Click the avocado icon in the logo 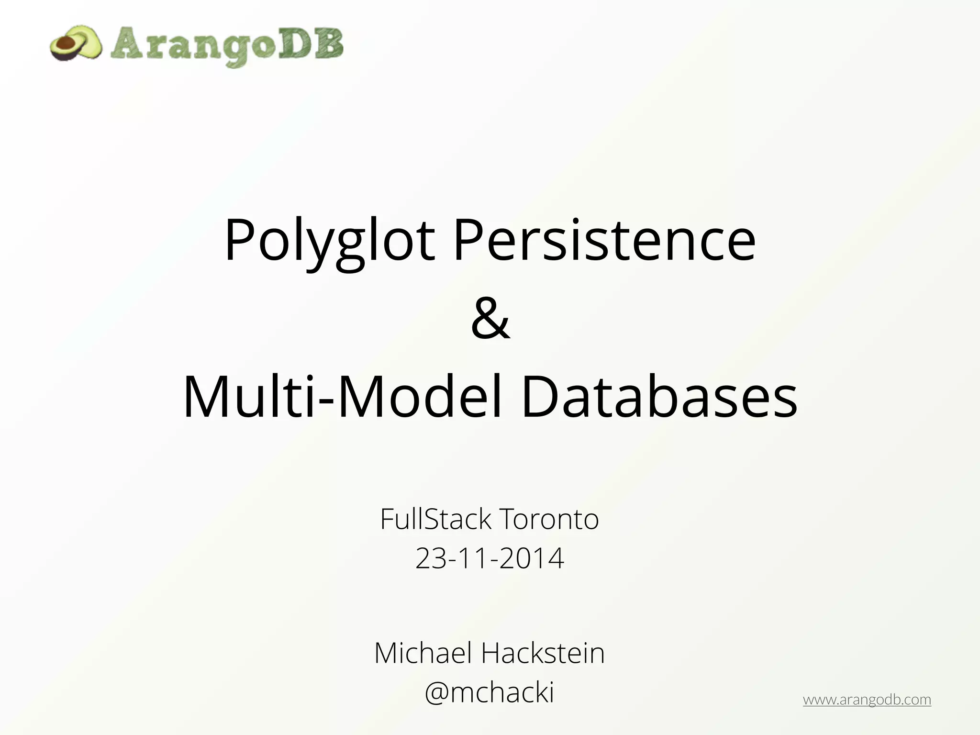tap(76, 44)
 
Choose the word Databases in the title tap(659, 397)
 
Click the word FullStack tap(436, 519)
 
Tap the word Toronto tap(549, 519)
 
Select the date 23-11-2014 tap(490, 558)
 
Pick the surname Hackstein tap(543, 653)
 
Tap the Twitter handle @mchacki tap(490, 692)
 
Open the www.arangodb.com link tap(867, 700)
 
